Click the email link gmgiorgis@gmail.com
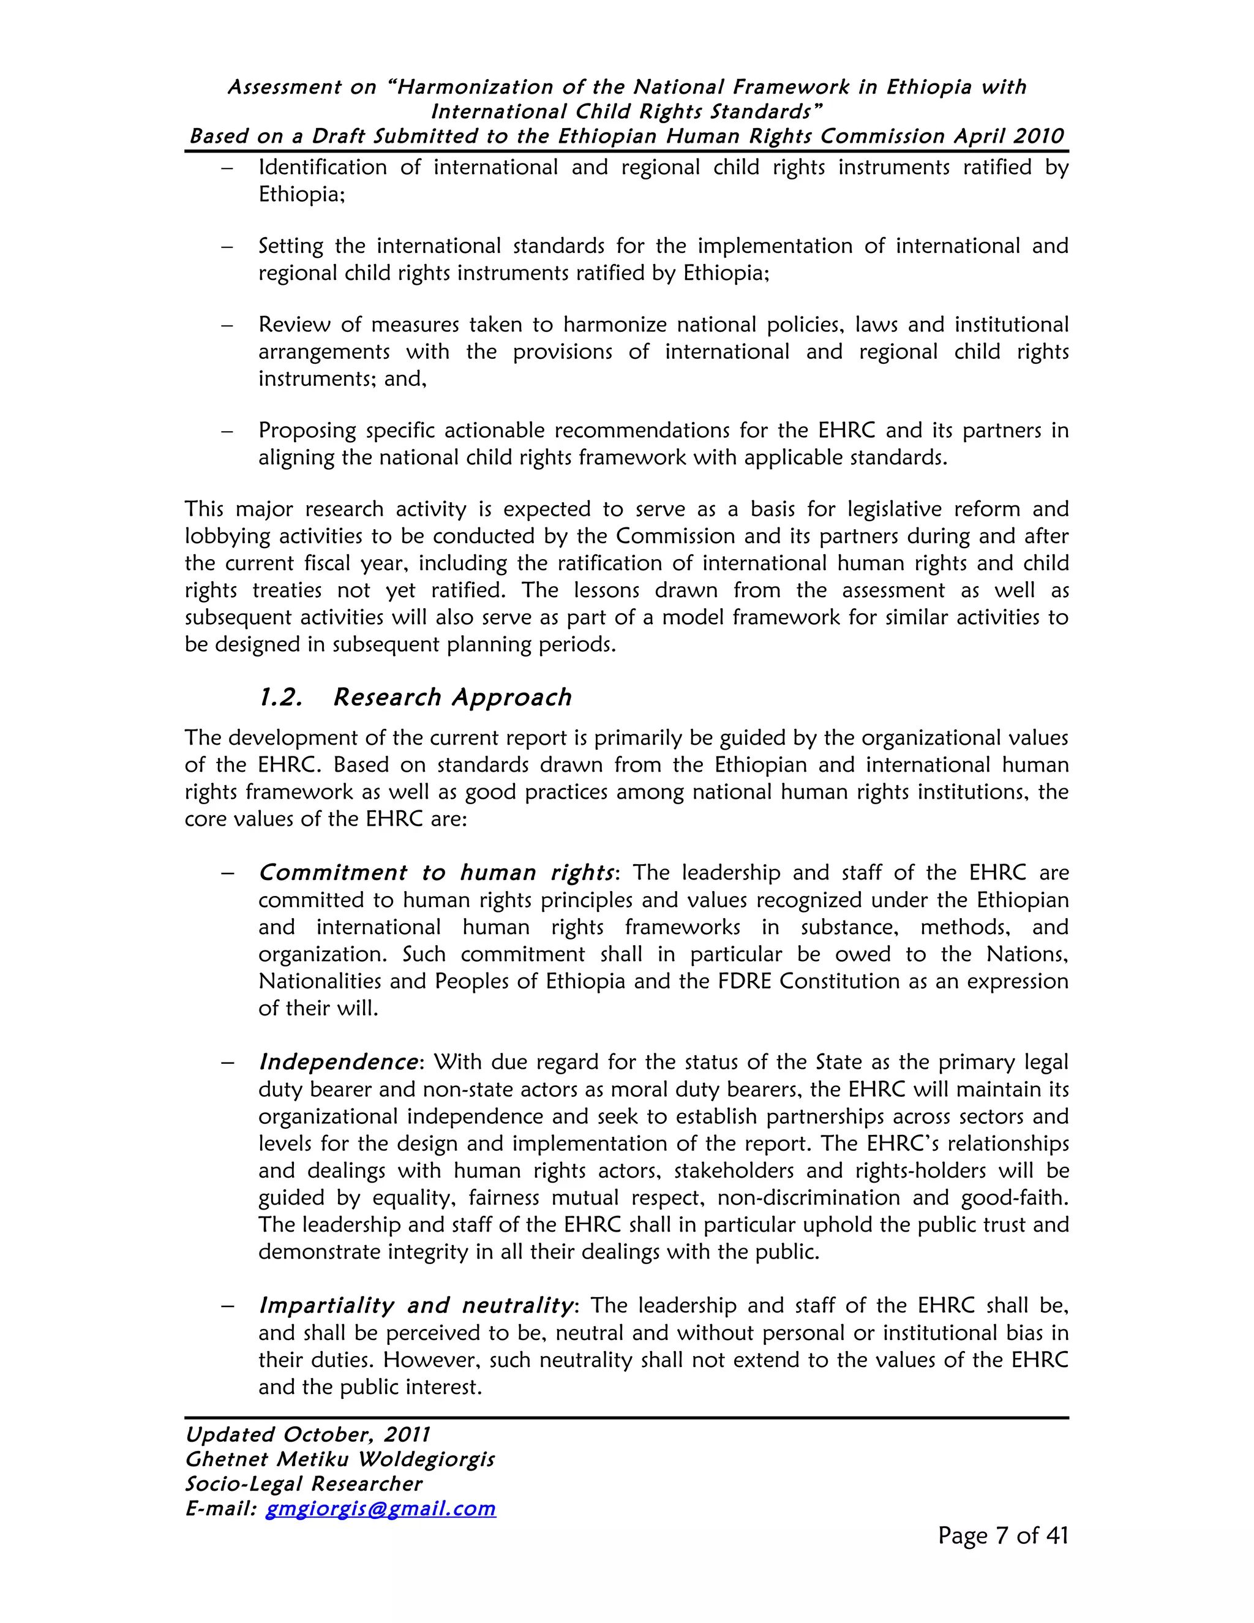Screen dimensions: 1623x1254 click(380, 1508)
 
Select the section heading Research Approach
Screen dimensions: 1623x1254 click(452, 697)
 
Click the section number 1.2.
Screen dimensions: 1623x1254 click(280, 697)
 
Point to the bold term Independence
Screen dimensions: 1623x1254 click(338, 1062)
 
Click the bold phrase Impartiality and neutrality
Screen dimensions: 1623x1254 click(416, 1306)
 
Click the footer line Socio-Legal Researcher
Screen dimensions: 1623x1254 click(303, 1484)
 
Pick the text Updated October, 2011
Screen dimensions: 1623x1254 click(307, 1435)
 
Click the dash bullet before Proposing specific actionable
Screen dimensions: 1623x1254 click(227, 431)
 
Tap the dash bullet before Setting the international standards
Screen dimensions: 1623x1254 click(227, 247)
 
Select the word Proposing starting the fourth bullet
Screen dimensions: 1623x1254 click(307, 431)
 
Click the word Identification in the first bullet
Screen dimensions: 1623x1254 click(323, 167)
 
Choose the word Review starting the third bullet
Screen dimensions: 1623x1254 click(293, 325)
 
